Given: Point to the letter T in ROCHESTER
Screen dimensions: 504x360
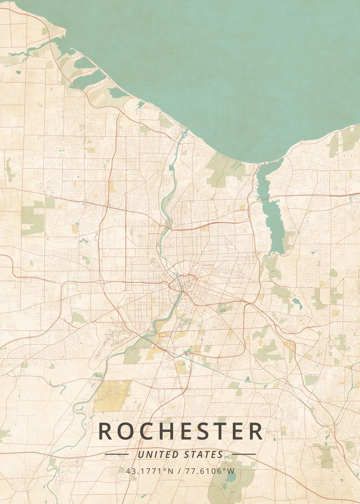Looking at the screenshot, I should [x=219, y=431].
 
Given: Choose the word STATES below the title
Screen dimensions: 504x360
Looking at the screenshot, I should [x=204, y=454].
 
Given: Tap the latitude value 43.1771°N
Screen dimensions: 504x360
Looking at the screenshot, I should [x=149, y=471].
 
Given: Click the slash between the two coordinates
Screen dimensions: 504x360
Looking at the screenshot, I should [x=180, y=471].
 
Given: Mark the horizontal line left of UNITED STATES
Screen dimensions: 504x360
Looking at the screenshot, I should [x=116, y=454].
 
